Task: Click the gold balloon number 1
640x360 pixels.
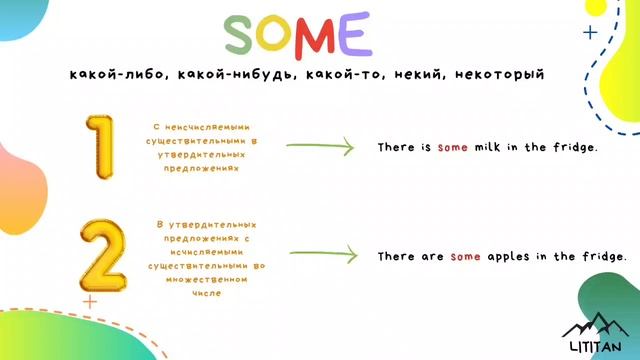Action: [x=101, y=147]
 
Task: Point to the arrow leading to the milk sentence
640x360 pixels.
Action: [x=320, y=147]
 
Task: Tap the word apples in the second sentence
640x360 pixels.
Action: [x=507, y=257]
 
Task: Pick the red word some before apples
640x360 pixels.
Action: [x=466, y=257]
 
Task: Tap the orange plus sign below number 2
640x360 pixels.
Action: [x=90, y=299]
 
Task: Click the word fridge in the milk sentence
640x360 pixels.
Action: [x=573, y=147]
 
